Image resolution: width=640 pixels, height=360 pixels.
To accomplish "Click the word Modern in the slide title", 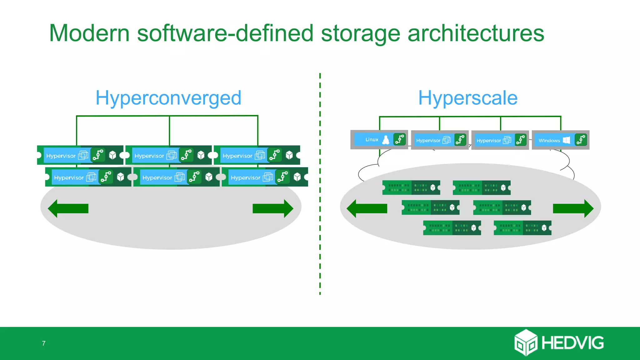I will (89, 33).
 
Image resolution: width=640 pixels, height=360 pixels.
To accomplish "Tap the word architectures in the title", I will (476, 33).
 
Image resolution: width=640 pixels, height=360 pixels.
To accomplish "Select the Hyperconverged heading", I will (168, 98).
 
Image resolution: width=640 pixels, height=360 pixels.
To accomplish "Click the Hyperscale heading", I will (468, 98).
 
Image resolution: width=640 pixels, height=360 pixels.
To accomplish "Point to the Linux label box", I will (372, 140).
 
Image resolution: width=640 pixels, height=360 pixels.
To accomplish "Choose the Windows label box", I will (549, 141).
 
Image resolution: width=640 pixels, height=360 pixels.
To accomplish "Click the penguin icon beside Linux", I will (386, 140).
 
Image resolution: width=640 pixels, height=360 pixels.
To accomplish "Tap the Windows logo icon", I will (566, 140).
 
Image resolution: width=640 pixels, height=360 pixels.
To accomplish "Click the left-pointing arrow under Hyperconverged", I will (68, 208).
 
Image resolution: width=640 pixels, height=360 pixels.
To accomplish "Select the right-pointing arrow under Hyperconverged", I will (273, 208).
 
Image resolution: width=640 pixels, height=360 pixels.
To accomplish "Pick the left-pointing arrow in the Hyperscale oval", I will (367, 208).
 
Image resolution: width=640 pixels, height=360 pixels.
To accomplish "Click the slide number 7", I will (44, 343).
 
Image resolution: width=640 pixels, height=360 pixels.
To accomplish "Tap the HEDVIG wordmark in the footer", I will (572, 343).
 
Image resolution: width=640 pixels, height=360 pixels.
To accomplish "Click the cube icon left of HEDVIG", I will (526, 342).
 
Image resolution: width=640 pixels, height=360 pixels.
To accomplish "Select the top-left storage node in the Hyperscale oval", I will (411, 187).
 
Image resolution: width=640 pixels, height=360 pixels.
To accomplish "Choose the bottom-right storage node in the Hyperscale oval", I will (522, 228).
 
